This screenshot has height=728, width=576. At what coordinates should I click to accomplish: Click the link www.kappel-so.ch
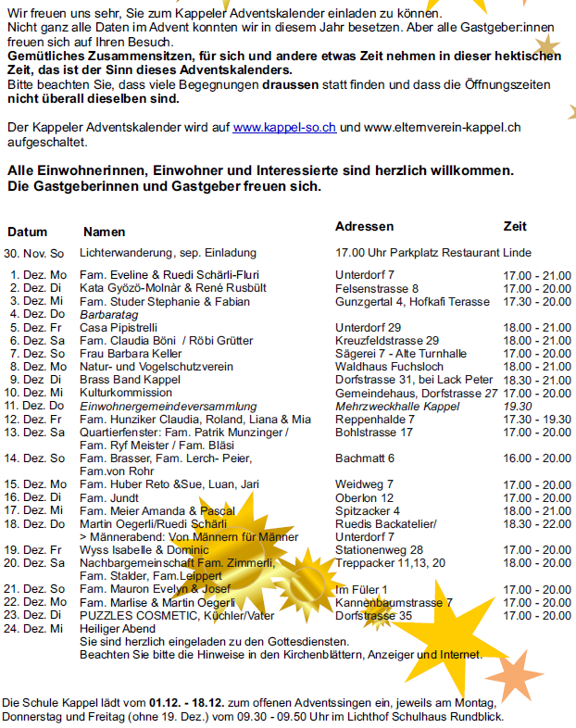click(x=284, y=128)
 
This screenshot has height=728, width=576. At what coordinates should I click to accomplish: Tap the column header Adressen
click(x=364, y=227)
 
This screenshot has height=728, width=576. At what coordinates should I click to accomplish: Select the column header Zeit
click(x=515, y=227)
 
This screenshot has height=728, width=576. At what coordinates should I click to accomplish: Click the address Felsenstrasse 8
click(x=377, y=289)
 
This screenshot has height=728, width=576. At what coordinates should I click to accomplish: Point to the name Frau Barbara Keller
click(x=131, y=354)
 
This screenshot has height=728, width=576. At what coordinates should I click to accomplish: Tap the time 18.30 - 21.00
click(x=537, y=380)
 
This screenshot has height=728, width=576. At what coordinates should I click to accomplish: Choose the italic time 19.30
click(x=519, y=407)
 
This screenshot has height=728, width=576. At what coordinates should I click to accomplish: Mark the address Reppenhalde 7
click(x=375, y=420)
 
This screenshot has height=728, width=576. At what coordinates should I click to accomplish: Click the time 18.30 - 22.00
click(x=537, y=523)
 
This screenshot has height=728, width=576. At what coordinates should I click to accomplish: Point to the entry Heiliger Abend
click(x=117, y=628)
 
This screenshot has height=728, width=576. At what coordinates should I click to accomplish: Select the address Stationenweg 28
click(x=379, y=549)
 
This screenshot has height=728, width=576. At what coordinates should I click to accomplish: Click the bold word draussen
click(x=290, y=85)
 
